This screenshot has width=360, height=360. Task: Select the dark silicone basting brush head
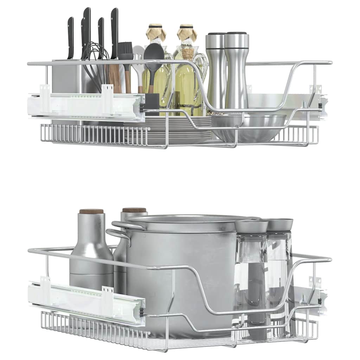pyautogui.click(x=126, y=51)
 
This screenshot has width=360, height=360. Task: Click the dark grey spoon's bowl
pyautogui.click(x=154, y=53)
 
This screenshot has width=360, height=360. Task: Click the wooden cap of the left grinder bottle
pyautogui.click(x=91, y=211)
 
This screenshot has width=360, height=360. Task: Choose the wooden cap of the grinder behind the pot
pyautogui.click(x=134, y=210)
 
